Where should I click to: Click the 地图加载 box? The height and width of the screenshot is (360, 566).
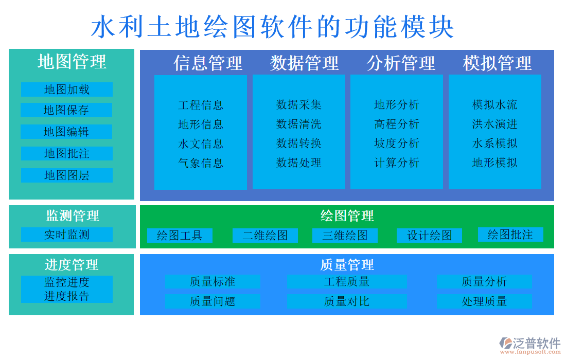pos(66,89)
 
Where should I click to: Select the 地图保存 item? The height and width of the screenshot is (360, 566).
pos(66,110)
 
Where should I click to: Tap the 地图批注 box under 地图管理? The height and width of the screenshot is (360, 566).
pos(66,153)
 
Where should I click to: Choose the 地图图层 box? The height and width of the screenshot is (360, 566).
pos(66,175)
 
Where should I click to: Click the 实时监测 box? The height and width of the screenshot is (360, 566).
pos(66,235)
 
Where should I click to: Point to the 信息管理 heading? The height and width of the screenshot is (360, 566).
pos(208,63)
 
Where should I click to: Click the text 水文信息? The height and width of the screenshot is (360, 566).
pos(201,143)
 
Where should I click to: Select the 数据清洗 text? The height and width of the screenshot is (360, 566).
pos(299,124)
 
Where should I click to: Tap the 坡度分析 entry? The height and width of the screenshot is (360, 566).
pos(397,143)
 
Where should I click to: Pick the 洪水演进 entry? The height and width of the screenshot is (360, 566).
pos(495,124)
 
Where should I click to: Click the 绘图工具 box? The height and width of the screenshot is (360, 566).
pos(180,236)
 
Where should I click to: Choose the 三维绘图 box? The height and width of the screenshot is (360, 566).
pos(345,236)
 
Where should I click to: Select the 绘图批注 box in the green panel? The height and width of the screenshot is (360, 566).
pos(510,235)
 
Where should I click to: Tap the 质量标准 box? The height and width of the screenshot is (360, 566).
pos(213,281)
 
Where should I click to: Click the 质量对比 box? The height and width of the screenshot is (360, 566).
pos(346,301)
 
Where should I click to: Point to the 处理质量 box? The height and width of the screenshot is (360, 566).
pos(484,301)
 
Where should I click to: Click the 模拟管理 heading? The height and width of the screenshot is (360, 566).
pos(497,63)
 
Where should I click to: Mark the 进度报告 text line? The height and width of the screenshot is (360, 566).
pos(66,296)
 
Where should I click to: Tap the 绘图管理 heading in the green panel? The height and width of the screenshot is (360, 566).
pos(347,215)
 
